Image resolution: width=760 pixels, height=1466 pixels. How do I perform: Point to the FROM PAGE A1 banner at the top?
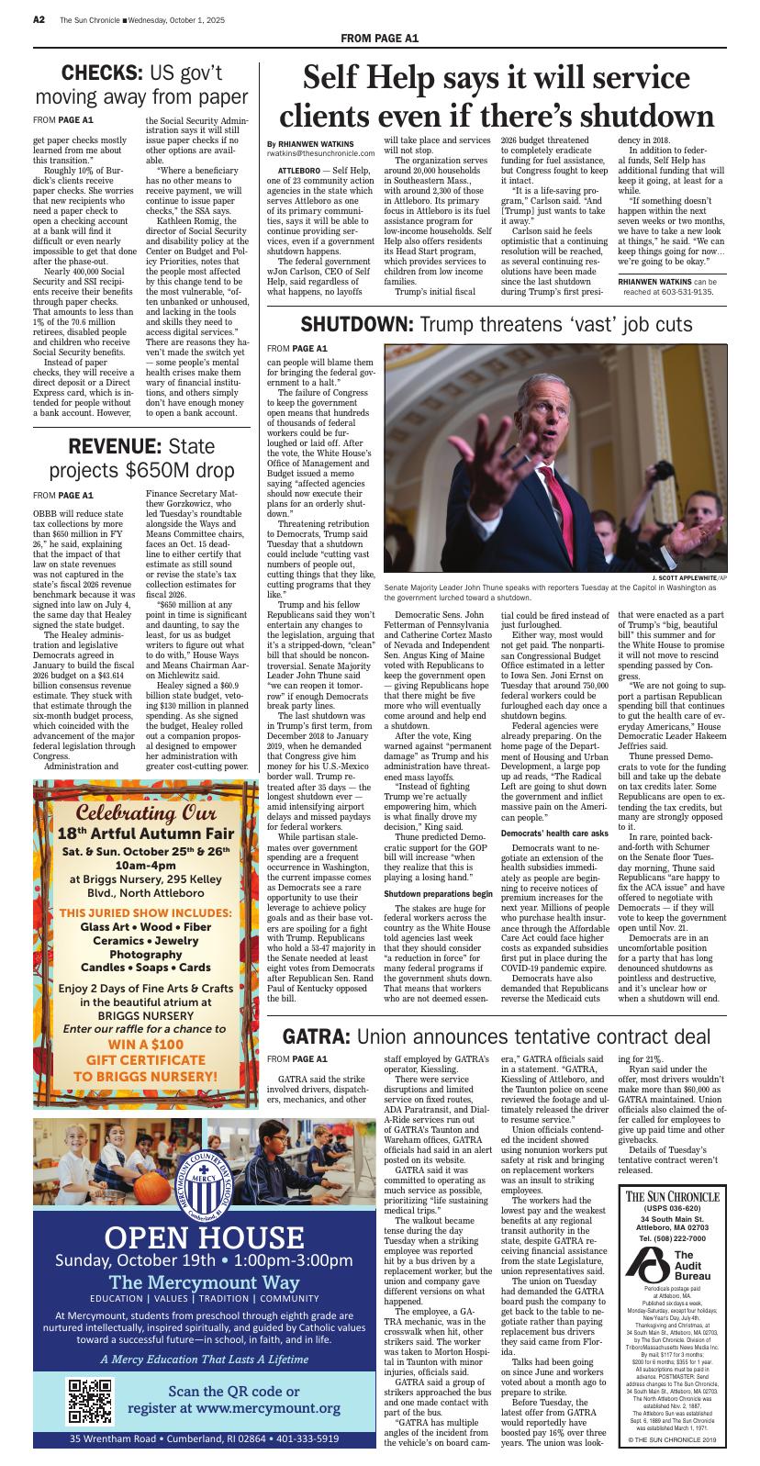coord(380,38)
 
